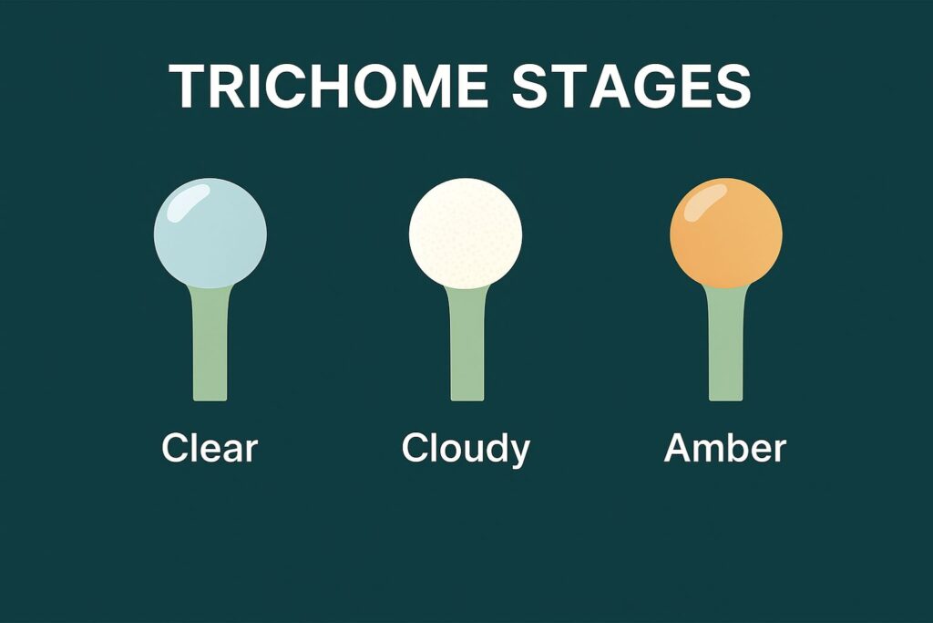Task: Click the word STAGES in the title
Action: click(x=631, y=87)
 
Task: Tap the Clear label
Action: click(x=210, y=449)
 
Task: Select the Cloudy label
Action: click(x=466, y=449)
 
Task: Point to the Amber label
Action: click(x=724, y=449)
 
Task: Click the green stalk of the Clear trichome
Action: click(x=210, y=347)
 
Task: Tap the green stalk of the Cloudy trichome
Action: click(x=466, y=347)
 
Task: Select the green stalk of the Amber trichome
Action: click(x=726, y=347)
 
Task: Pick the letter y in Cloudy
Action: click(x=519, y=453)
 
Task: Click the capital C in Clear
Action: click(x=176, y=449)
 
